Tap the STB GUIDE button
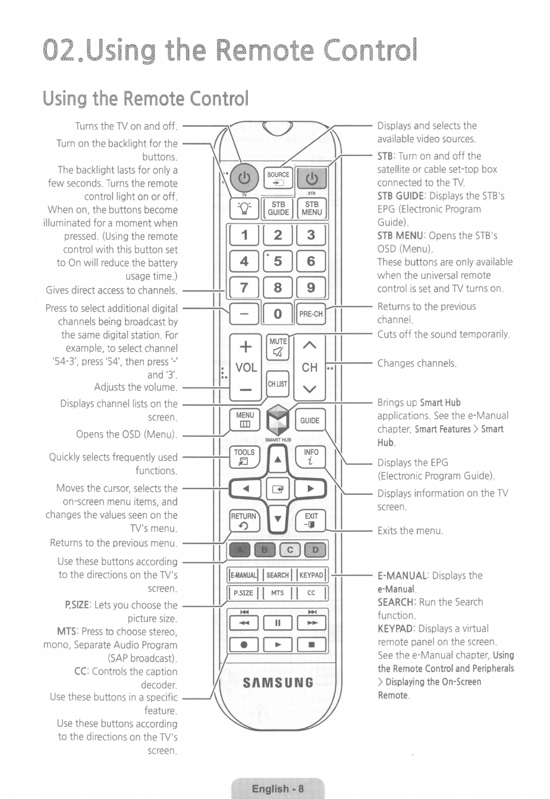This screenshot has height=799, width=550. click(x=278, y=208)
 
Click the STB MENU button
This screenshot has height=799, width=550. click(x=311, y=208)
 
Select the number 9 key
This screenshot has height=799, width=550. click(x=311, y=288)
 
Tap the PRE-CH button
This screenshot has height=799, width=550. click(x=311, y=314)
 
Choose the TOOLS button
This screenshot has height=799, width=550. click(x=245, y=457)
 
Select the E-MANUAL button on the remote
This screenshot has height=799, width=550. click(x=244, y=575)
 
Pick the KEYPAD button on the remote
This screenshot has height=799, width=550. click(x=311, y=575)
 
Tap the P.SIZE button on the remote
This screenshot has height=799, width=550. click(x=244, y=593)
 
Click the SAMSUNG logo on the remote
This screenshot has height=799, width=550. click(x=278, y=683)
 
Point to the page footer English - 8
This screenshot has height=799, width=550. click(x=278, y=788)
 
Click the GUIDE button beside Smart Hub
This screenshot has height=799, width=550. click(x=310, y=421)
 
